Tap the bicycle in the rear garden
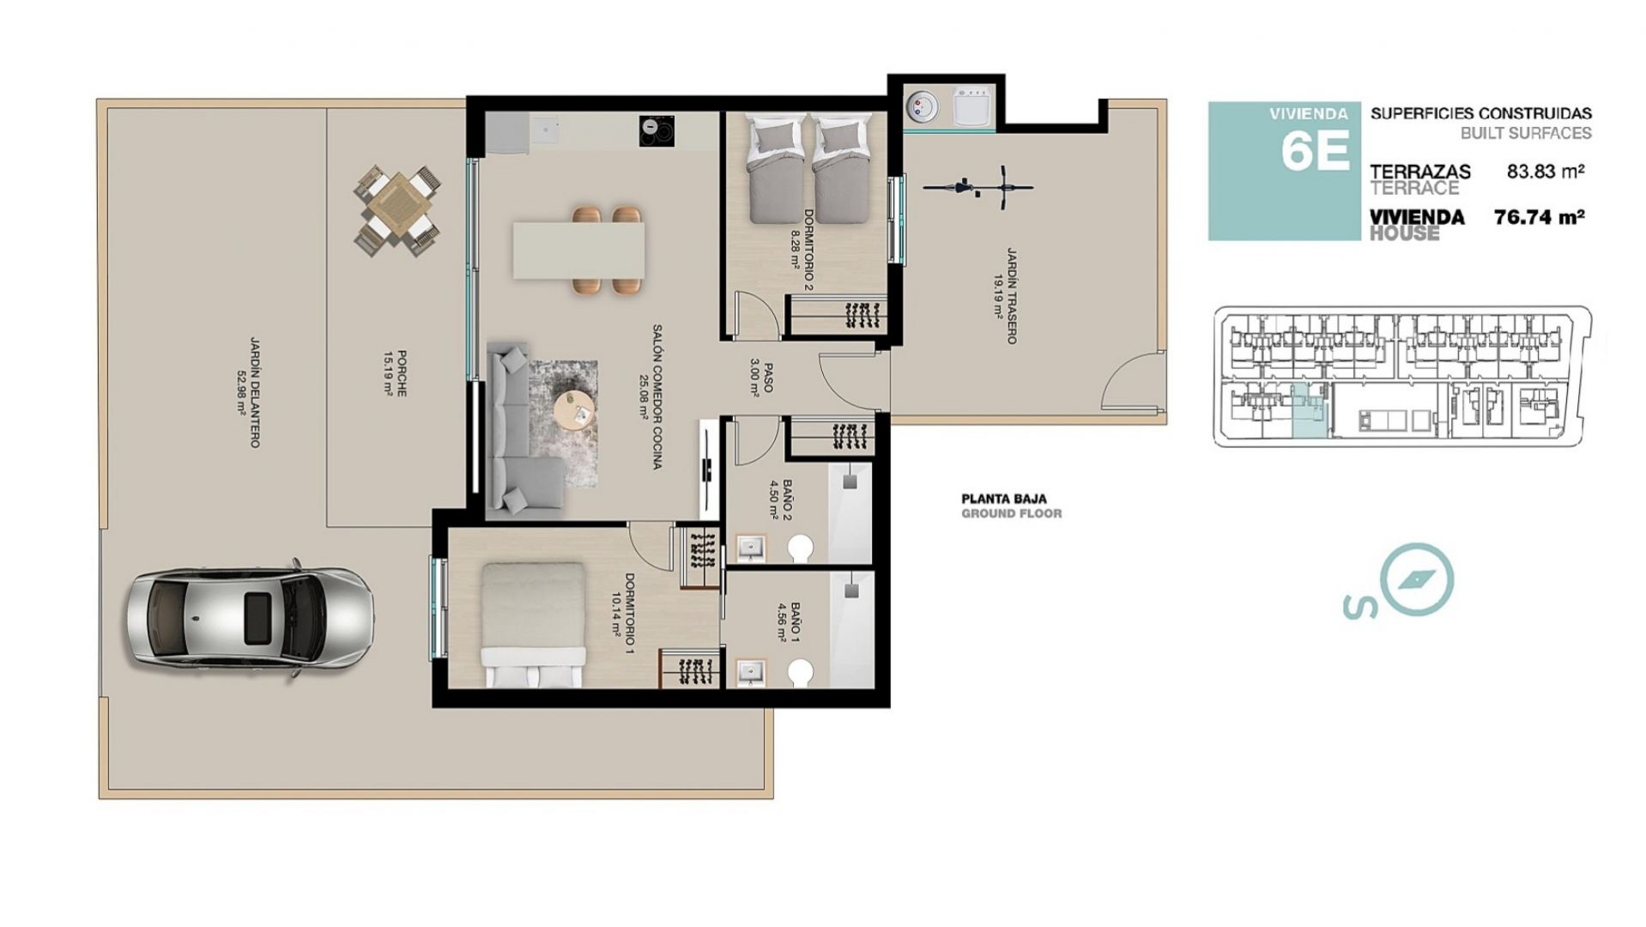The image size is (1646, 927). [978, 186]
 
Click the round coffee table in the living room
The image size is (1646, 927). [573, 413]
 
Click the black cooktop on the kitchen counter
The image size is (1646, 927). [657, 131]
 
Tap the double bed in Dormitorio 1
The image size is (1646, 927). [533, 624]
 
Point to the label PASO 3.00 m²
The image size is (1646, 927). [761, 378]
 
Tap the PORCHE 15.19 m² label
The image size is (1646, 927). [396, 374]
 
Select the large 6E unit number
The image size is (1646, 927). [1315, 149]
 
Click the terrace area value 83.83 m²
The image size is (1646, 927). [1546, 171]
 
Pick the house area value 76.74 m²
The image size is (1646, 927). [1539, 217]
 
